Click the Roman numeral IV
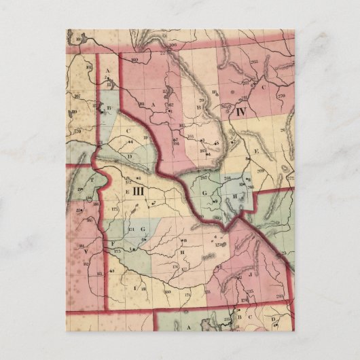pos(245,111)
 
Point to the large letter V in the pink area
pos(86,250)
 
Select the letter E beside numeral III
pos(127,192)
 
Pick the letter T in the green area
pos(92,179)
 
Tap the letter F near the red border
pos(113,242)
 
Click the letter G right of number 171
pos(144,229)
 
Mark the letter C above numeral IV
pos(263,88)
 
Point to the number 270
pos(281,96)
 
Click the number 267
pos(203,177)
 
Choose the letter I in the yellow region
pos(135,289)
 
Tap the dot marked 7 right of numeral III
pos(154,202)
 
